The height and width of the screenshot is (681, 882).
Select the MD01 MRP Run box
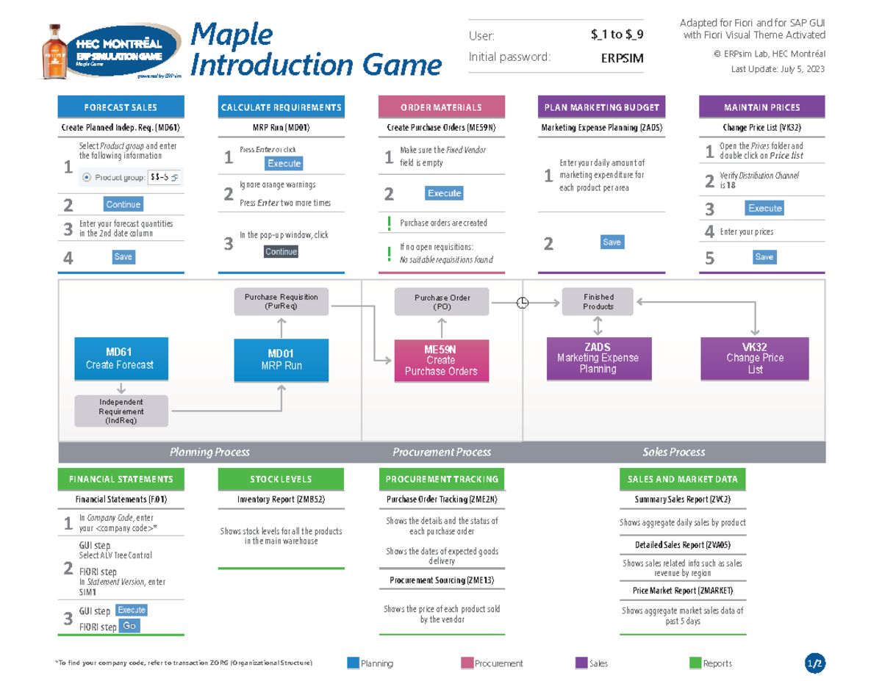point(281,360)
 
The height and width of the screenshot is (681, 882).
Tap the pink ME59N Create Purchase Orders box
point(441,360)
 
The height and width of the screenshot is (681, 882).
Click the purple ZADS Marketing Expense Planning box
point(598,358)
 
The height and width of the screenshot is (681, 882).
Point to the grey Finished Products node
point(598,301)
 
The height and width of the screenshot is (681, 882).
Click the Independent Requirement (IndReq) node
point(121,411)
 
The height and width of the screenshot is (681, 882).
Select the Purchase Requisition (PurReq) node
point(281,302)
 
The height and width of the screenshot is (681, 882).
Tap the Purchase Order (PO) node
point(442,302)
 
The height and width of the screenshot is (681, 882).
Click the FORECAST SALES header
point(121,107)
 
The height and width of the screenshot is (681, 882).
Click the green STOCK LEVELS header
point(281,479)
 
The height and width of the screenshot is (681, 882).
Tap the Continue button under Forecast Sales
point(123,204)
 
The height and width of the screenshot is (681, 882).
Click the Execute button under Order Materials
point(444,193)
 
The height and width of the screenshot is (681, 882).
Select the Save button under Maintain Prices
point(764,257)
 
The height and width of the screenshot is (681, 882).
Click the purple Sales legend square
point(581,663)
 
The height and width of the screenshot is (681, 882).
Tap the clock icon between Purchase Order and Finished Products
point(523,303)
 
